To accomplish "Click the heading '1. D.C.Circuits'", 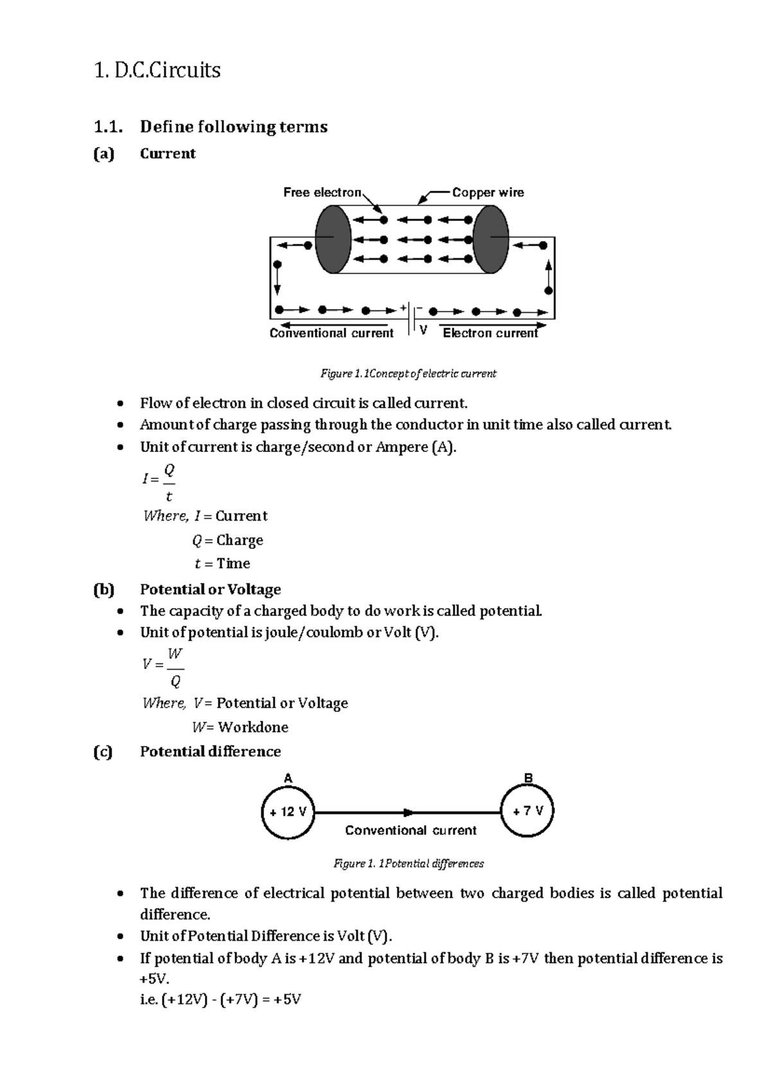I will point(157,69).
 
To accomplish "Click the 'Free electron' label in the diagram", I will point(323,192).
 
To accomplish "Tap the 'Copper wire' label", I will point(488,192).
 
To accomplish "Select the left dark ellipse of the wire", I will point(333,240).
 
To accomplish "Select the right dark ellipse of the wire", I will point(491,240).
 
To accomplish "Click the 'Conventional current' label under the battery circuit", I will point(332,333).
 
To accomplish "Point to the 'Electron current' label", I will point(490,333).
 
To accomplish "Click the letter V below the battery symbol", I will point(423,330).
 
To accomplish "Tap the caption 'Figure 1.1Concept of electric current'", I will point(409,373).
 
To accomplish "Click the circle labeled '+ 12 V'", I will point(288,812).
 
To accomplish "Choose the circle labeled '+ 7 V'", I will point(527,811).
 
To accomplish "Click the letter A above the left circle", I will point(288,778).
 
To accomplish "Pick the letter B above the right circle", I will point(528,778).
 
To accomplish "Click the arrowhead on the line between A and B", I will point(409,812).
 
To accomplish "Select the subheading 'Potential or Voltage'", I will point(211,589).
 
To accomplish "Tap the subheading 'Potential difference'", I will point(211,751).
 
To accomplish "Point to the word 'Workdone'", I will point(253,727).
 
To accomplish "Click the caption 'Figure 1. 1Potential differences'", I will point(409,864).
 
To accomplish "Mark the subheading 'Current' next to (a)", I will point(168,153).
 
